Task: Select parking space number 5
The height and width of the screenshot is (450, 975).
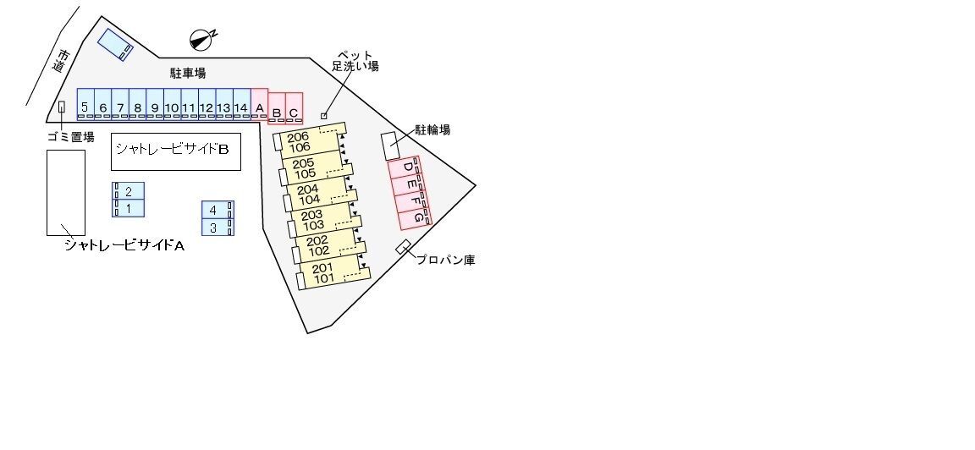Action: click(x=85, y=104)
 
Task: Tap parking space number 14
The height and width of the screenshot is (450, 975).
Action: click(x=242, y=104)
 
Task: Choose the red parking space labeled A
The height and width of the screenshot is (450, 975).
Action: click(x=259, y=104)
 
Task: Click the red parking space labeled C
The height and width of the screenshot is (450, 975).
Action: click(x=295, y=108)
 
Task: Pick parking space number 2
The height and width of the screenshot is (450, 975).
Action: click(x=129, y=191)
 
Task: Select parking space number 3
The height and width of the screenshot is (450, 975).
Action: click(x=218, y=227)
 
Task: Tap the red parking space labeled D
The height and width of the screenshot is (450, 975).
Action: click(x=405, y=168)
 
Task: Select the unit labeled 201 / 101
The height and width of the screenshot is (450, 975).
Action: click(x=334, y=272)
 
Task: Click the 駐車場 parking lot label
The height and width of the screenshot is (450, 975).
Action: click(x=188, y=74)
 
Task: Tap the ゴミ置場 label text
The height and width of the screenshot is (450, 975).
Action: click(x=71, y=137)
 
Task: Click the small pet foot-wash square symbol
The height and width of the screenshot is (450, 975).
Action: click(x=324, y=116)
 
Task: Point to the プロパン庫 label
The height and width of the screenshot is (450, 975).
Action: click(x=445, y=260)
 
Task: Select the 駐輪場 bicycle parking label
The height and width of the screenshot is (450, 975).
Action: click(x=432, y=130)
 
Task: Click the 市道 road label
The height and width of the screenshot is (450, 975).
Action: click(x=61, y=61)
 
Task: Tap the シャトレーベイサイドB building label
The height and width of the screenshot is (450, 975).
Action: click(x=173, y=149)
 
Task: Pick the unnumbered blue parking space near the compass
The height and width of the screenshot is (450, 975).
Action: click(x=116, y=44)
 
